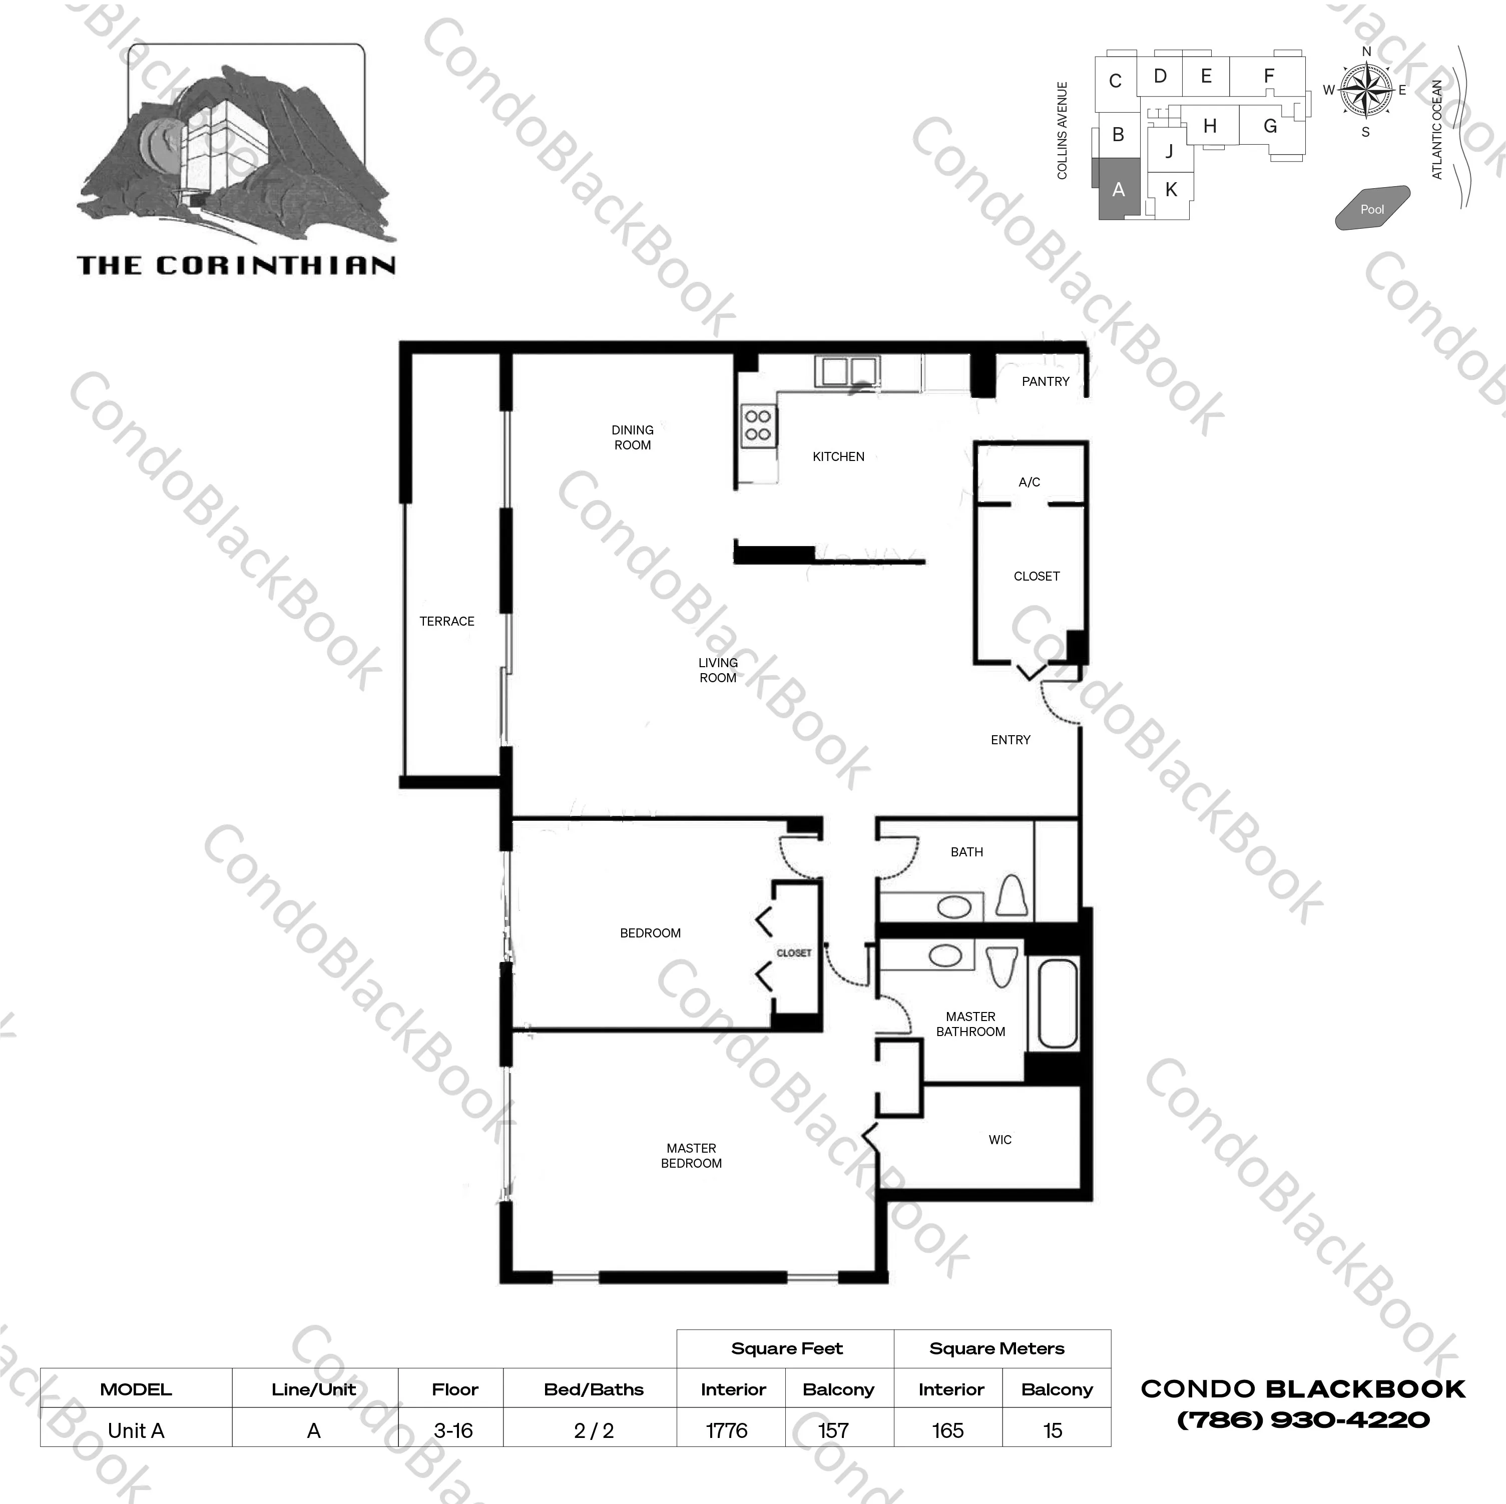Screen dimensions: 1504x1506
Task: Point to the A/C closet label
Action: pos(1029,482)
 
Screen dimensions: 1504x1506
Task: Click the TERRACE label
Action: pos(446,622)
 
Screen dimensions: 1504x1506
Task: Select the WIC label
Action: pos(999,1140)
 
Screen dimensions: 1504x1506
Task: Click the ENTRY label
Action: pos(1010,740)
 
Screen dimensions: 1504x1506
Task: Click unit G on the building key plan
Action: pos(1270,126)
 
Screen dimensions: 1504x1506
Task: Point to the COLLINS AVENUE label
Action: pos(1062,130)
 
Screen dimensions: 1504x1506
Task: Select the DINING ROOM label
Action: pos(632,437)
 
